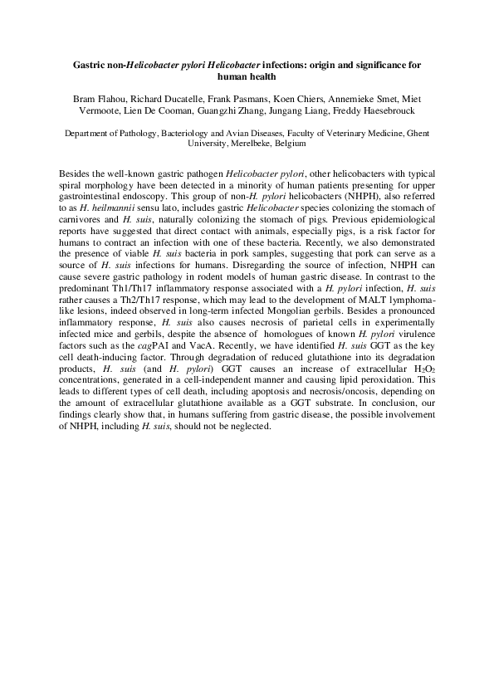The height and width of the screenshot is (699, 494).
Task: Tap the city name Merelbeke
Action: click(x=242, y=143)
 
